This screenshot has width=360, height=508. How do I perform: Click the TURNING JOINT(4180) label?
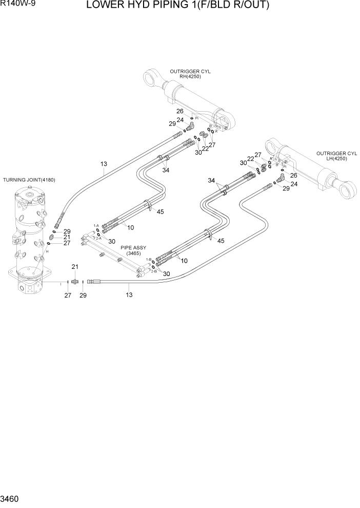(29, 180)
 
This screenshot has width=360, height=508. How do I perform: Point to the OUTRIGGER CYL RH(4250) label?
(190, 73)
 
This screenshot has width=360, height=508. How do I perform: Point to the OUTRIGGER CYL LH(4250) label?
(336, 156)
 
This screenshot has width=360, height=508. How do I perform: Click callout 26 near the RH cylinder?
(180, 111)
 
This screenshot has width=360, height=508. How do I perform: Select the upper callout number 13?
(104, 164)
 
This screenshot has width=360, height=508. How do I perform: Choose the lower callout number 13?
(129, 294)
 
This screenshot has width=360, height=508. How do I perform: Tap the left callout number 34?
(165, 171)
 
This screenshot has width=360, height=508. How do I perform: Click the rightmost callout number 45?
(221, 241)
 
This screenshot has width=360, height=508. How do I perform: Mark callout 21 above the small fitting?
(75, 267)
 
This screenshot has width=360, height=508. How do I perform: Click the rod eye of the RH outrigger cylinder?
(151, 78)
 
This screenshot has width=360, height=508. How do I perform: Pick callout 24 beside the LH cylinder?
(294, 184)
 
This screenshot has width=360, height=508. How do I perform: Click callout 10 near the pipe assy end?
(184, 261)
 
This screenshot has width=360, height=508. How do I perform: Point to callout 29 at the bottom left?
(84, 295)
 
